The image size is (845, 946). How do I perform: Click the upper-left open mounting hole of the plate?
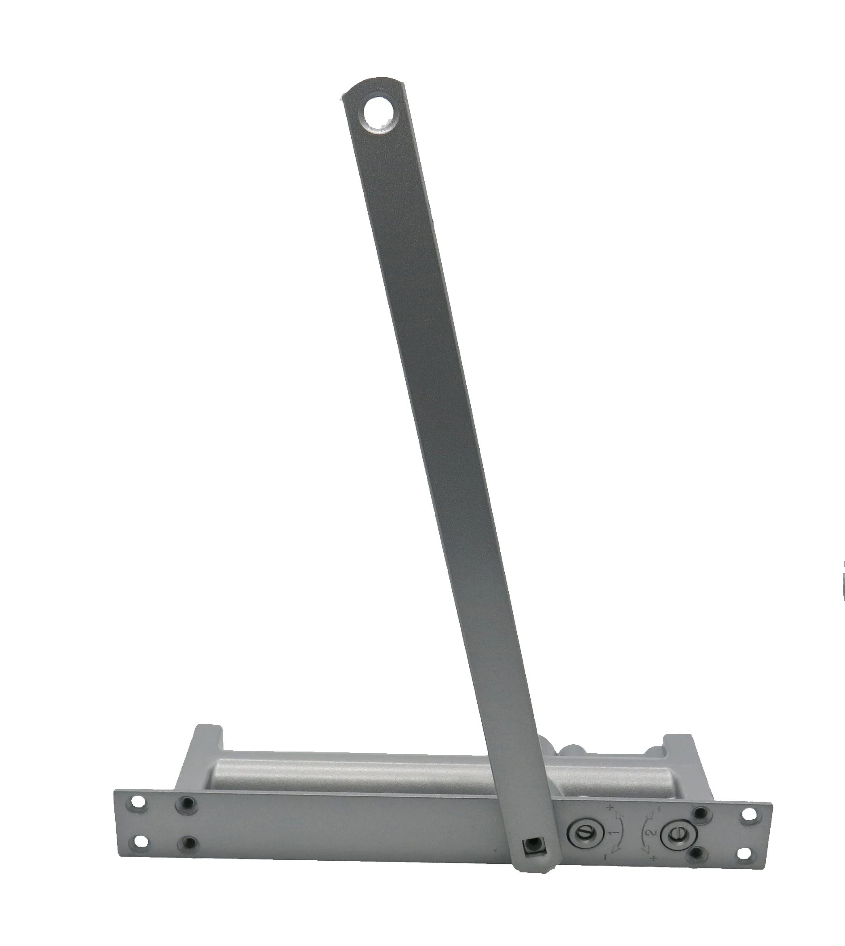coord(137,802)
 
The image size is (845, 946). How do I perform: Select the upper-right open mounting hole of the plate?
coord(749,815)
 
